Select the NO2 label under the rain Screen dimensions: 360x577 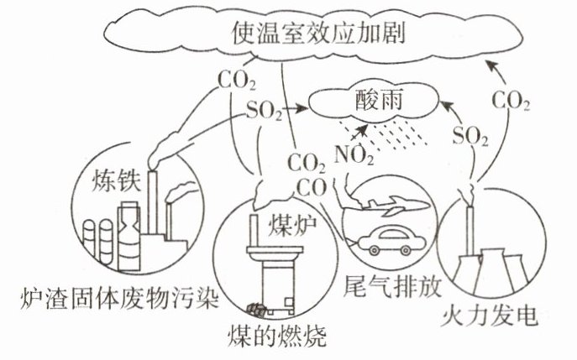pos(353,154)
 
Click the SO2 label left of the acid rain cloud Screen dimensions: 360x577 pos(264,112)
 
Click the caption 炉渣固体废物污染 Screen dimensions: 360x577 pos(108,299)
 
